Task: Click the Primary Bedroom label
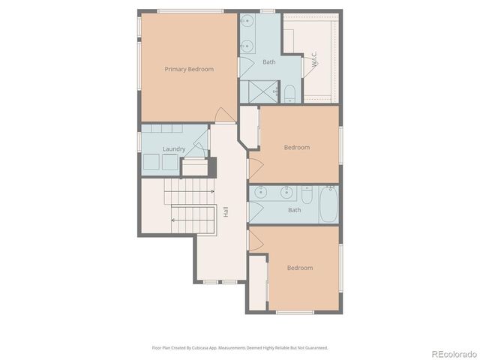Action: click(x=189, y=69)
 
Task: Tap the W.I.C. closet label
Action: click(x=315, y=61)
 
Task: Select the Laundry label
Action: click(x=174, y=149)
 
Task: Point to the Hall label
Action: click(x=225, y=212)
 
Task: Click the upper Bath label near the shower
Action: click(x=269, y=62)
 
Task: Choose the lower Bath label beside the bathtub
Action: click(x=295, y=210)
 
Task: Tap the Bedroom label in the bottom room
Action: click(x=299, y=268)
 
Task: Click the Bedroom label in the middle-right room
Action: click(x=296, y=147)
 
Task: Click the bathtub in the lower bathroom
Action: click(x=328, y=205)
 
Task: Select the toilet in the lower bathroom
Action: click(x=307, y=195)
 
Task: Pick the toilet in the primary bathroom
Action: click(x=289, y=93)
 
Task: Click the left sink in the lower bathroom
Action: click(x=259, y=192)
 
